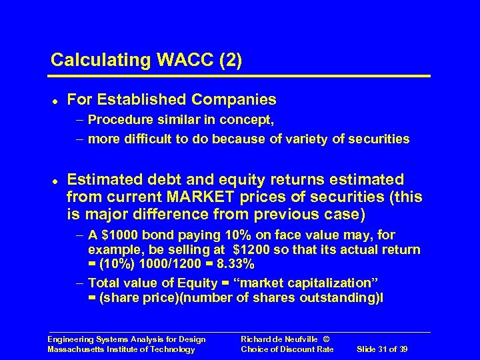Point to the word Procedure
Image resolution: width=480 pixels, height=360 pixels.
coord(118,121)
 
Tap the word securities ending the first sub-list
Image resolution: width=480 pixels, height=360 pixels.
coord(383,139)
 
